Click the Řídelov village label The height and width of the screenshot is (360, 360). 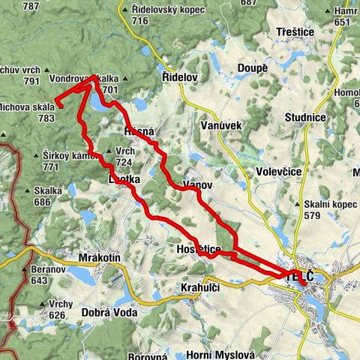pos(178,78)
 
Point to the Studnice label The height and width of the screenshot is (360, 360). pos(304,118)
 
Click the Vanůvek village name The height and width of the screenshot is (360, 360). pos(221,125)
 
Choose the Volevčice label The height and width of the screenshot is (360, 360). pos(278,172)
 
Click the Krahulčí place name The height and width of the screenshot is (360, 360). pos(202,287)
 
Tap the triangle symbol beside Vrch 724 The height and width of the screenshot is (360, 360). pos(110,151)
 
